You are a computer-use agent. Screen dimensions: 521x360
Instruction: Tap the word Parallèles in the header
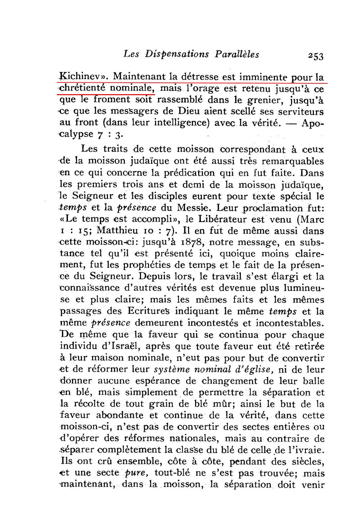(x=237, y=54)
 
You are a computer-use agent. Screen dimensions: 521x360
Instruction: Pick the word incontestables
(x=288, y=323)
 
